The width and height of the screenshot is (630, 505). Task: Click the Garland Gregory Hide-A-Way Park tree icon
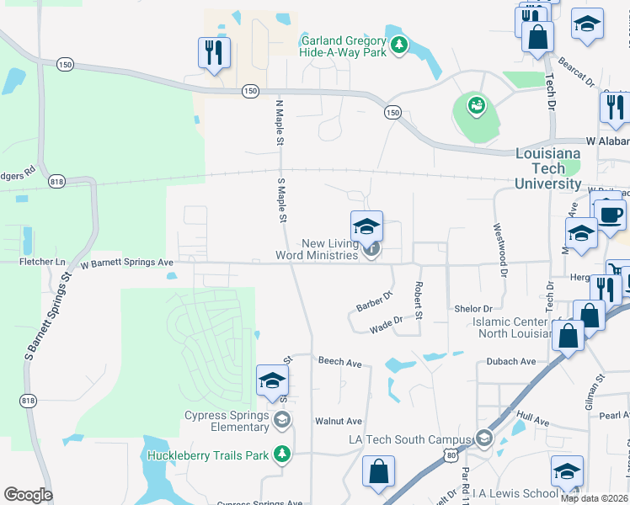(400, 44)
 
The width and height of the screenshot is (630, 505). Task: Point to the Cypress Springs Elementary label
(228, 420)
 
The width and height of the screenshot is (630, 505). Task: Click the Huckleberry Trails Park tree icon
(284, 455)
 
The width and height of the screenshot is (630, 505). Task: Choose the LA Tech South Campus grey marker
(483, 439)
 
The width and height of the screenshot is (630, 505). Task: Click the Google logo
(28, 495)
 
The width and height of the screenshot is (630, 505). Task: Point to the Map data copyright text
(594, 498)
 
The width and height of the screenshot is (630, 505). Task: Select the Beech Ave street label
(339, 362)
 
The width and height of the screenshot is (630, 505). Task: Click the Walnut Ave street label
(338, 421)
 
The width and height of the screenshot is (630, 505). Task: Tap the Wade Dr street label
(386, 321)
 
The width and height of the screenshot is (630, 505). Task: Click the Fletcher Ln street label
(42, 263)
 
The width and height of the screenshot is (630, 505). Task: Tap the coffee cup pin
(610, 214)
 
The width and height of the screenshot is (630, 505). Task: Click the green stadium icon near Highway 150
(477, 107)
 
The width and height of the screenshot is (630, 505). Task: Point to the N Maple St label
(280, 123)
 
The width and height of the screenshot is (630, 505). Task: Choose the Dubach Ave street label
(510, 362)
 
